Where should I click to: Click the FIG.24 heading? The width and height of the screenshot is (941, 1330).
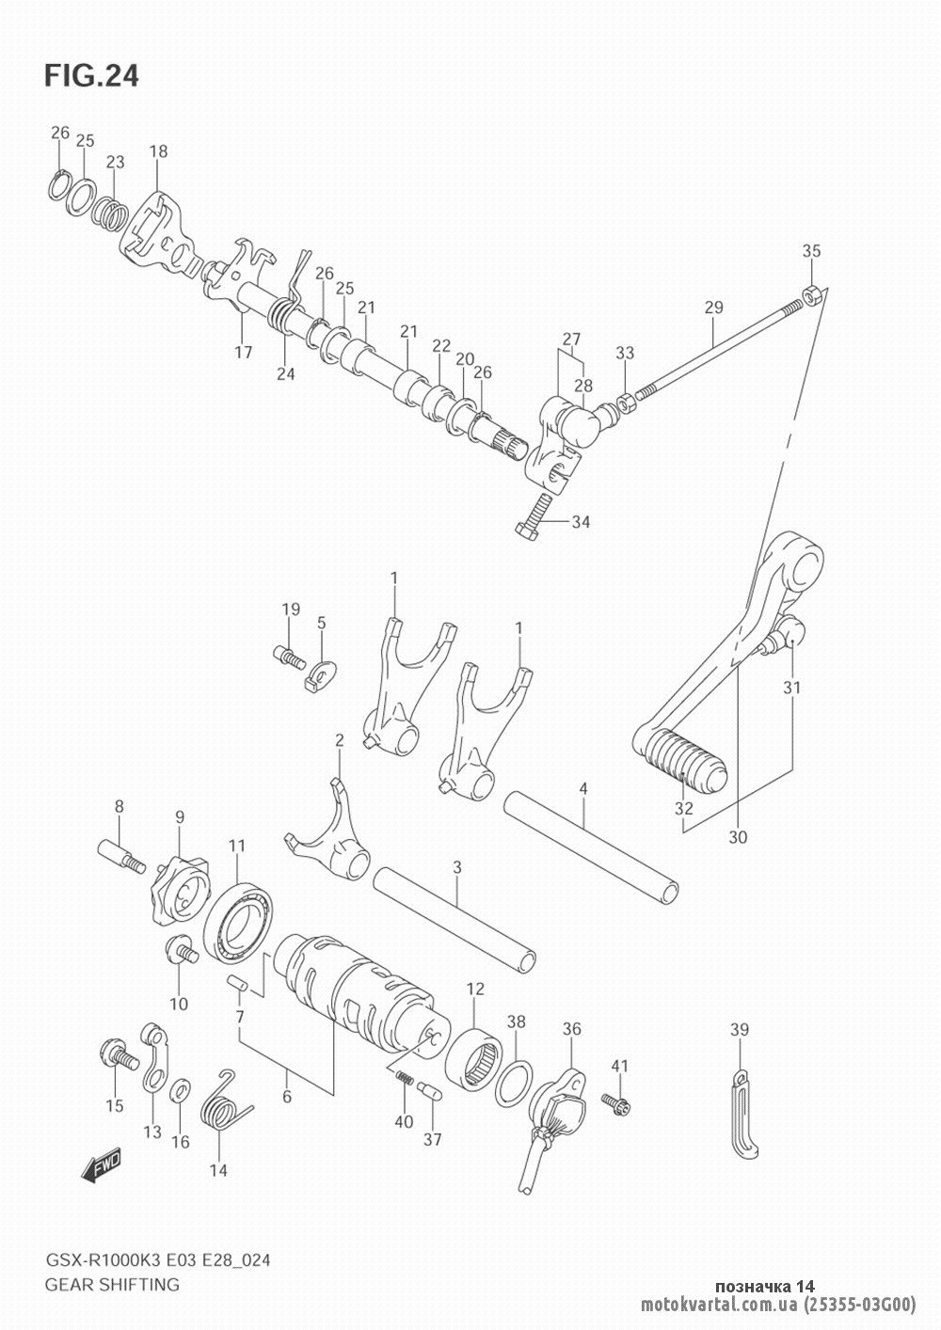[x=91, y=76]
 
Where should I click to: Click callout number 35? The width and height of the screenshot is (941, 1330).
[x=811, y=251]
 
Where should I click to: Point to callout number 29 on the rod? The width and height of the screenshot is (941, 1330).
[x=713, y=308]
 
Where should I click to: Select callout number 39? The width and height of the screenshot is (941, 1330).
[x=739, y=1030]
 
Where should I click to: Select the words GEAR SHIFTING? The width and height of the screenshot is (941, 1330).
[x=112, y=1284]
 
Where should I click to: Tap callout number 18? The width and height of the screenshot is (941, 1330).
[x=158, y=150]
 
